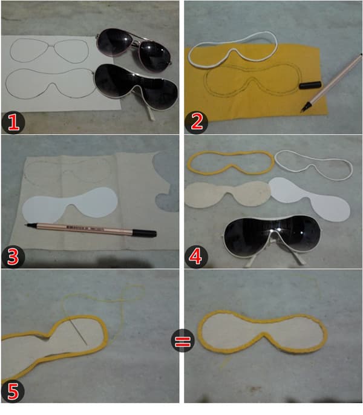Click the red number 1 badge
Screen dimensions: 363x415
(13, 122)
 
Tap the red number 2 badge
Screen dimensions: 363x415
(196, 122)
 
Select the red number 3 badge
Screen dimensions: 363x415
(13, 257)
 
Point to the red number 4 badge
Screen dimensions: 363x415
(196, 257)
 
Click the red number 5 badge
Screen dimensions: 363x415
(13, 391)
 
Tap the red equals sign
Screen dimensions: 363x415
(183, 341)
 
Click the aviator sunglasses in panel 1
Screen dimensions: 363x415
(134, 48)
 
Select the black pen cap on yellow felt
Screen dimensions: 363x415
(310, 85)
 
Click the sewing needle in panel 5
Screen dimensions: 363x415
(79, 331)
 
